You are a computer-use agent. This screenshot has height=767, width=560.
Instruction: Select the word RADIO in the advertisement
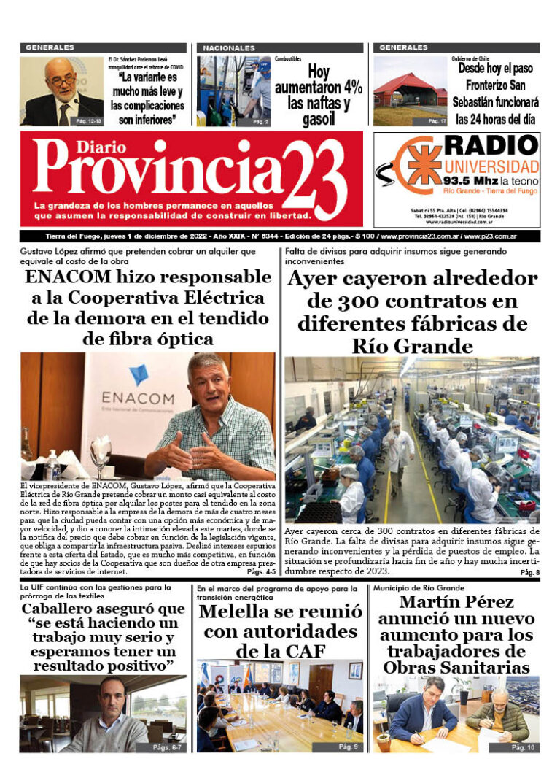tap(491, 144)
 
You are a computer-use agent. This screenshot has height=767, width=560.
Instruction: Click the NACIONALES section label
tap(229, 47)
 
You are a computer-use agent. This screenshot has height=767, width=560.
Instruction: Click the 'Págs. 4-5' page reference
tap(261, 572)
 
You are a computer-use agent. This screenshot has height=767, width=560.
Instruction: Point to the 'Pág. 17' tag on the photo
tap(437, 121)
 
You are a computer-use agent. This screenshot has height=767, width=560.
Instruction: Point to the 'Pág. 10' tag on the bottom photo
tap(523, 748)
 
